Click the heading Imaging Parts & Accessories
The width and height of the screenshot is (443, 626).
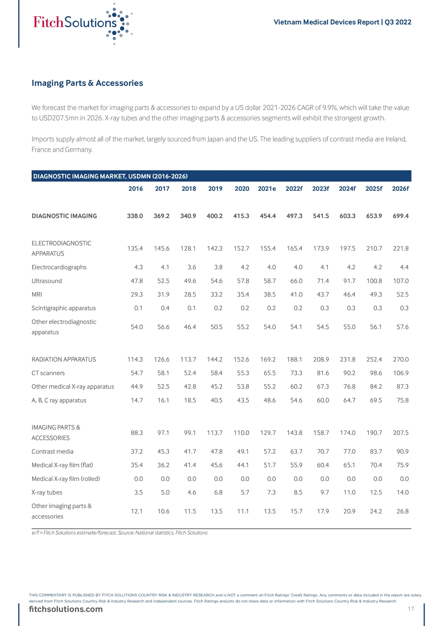(x=87, y=83)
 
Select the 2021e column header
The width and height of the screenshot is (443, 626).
(x=267, y=189)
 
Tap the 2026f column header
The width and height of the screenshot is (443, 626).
(x=400, y=189)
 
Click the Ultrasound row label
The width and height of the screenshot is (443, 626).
(x=47, y=281)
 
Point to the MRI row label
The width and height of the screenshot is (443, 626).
(x=37, y=294)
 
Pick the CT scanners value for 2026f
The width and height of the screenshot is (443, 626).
(x=400, y=373)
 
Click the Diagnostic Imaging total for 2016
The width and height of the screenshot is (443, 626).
(x=135, y=216)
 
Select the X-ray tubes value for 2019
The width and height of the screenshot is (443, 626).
(x=218, y=492)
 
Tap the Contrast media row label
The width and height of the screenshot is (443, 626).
(x=52, y=451)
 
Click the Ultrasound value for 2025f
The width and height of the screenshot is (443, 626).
(x=374, y=281)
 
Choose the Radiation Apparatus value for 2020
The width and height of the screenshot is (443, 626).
(x=241, y=359)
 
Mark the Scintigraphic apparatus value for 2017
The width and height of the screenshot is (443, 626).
(x=165, y=308)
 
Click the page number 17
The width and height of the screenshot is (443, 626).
(x=411, y=609)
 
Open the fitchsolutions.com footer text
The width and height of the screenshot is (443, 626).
(x=66, y=609)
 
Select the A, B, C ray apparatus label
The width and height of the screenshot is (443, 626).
(x=59, y=400)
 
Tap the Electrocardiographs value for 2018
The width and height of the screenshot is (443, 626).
(x=192, y=267)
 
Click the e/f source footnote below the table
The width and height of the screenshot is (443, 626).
(x=119, y=533)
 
